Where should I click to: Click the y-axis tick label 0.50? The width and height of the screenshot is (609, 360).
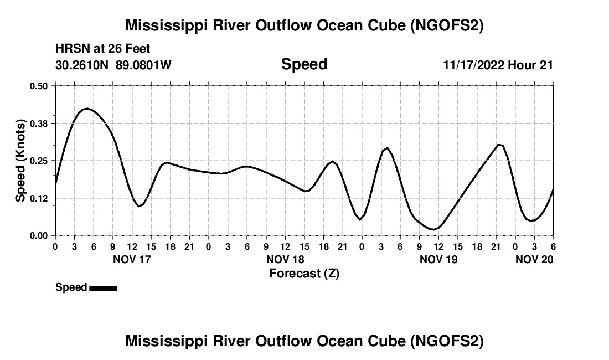39,86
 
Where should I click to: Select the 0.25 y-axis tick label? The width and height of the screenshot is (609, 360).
39,161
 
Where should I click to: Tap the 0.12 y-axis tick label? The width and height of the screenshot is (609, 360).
39,198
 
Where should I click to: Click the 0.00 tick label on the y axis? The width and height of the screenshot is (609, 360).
39,236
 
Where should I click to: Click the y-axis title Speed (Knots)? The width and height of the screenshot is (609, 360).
20,161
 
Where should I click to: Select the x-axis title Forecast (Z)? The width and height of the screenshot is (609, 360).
304,273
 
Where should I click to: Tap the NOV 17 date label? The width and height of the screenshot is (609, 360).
132,259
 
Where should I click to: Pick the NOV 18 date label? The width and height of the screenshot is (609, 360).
285,259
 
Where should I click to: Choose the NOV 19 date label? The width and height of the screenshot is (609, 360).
438,259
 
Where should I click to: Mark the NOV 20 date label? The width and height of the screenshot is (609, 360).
534,259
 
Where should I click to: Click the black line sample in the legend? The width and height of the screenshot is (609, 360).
103,288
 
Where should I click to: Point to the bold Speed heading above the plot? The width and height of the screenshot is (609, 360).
304,64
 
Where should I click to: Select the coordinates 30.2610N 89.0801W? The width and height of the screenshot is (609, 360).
113,65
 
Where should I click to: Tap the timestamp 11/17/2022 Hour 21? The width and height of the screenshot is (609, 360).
498,65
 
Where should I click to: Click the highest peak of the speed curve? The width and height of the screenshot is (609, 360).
86,109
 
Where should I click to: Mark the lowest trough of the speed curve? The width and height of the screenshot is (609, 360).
433,229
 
